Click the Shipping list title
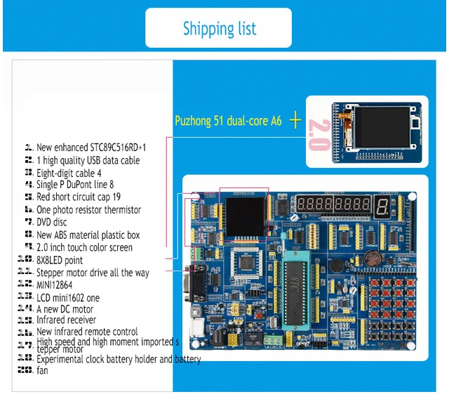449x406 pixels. tap(219, 29)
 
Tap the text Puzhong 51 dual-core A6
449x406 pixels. tap(228, 121)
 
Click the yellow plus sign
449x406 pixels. tap(295, 121)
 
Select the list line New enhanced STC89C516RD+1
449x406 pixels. tap(91, 148)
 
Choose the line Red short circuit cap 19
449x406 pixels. tap(78, 197)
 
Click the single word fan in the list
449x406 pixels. tap(42, 370)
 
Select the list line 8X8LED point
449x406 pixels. tap(60, 260)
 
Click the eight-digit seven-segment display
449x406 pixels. tap(331, 207)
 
